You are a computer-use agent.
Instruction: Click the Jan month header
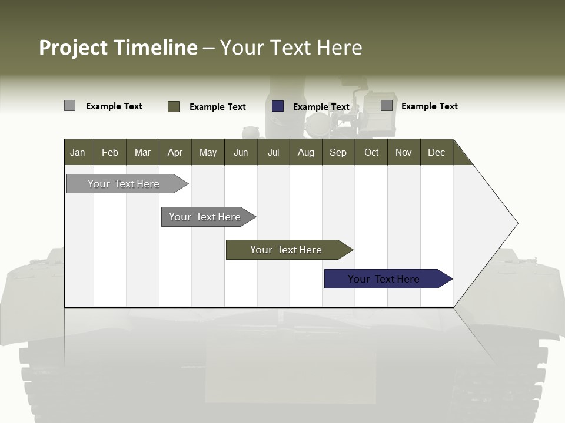click(x=78, y=152)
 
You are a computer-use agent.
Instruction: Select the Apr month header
click(x=175, y=152)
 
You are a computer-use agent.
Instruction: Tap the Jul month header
click(x=273, y=152)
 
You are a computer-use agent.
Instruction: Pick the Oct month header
click(x=371, y=152)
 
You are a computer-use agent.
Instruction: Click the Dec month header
click(x=436, y=152)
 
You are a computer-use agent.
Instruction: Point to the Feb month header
click(x=110, y=152)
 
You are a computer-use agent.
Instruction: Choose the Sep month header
click(x=338, y=152)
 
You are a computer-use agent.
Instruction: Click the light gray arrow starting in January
click(x=124, y=184)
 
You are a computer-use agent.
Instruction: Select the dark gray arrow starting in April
click(x=205, y=217)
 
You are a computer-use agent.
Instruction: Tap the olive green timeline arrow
click(x=286, y=250)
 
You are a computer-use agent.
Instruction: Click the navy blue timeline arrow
click(x=384, y=279)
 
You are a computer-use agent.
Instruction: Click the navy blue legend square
click(x=278, y=106)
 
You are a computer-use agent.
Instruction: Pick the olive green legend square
click(x=174, y=106)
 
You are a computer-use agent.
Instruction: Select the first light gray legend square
click(x=69, y=106)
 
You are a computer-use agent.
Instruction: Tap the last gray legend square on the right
click(x=387, y=106)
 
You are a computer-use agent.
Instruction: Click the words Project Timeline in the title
click(x=118, y=48)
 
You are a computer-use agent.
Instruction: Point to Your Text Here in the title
click(x=291, y=48)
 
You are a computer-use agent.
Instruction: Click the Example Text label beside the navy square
click(x=321, y=107)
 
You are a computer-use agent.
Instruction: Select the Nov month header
click(x=404, y=152)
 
